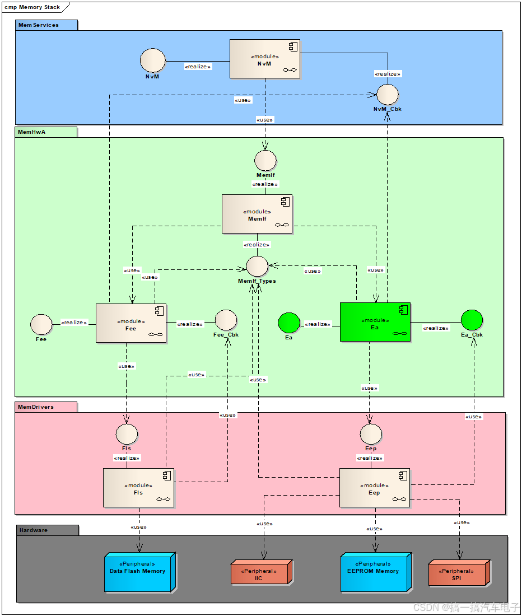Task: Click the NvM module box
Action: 265,59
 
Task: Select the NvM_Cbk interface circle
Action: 387,94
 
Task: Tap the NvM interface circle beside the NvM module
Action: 152,60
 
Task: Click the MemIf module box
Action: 257,214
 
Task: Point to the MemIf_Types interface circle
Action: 257,267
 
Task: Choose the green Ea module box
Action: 375,322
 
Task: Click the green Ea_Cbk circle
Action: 472,320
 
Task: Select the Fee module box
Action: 131,323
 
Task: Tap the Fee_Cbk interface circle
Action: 226,320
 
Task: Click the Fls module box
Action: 138,488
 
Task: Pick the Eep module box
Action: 374,488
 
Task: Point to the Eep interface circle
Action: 371,434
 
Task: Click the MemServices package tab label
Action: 39,25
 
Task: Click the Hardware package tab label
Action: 35,530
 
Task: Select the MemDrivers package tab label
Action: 37,407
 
